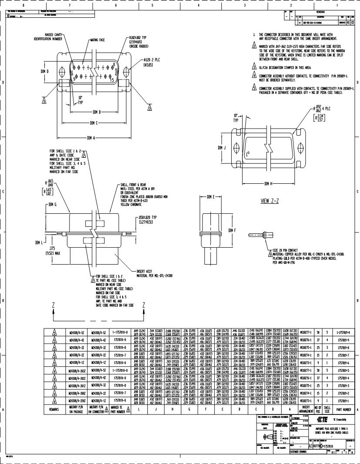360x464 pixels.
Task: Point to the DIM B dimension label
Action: [x=97, y=112]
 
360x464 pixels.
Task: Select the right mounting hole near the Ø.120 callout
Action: [x=126, y=71]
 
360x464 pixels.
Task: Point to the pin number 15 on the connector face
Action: [x=113, y=80]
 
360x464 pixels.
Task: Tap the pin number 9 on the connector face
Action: [x=74, y=79]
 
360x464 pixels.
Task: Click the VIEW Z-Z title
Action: [x=269, y=201]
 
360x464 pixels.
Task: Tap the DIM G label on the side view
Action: [x=53, y=204]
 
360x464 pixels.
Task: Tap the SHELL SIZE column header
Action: [x=327, y=409]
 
